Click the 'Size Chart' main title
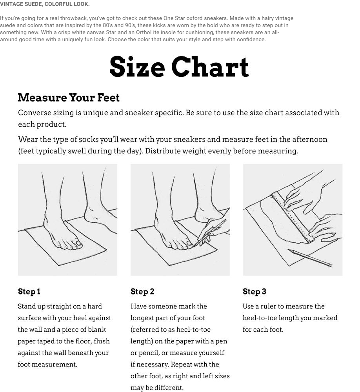click(x=179, y=67)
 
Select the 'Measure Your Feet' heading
click(x=69, y=98)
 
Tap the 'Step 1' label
click(x=29, y=292)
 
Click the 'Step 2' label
click(x=142, y=292)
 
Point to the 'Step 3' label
click(x=255, y=292)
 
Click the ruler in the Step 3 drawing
click(x=293, y=216)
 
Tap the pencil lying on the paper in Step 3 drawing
click(x=310, y=258)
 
